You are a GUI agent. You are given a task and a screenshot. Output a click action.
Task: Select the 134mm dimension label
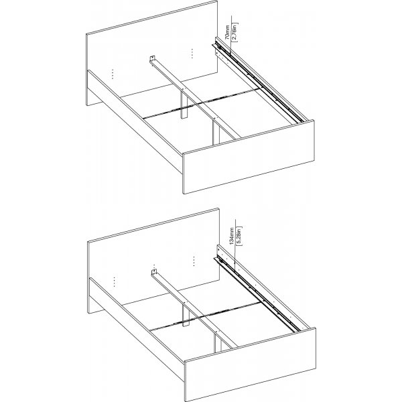pos(230,236)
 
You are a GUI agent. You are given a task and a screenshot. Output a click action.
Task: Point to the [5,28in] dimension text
pos(239,236)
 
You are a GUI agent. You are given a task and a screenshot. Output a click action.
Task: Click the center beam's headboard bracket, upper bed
pos(153,60)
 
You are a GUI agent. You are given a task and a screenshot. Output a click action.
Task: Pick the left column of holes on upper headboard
pos(113,72)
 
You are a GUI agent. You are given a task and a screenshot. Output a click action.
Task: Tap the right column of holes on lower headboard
pos(192,259)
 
